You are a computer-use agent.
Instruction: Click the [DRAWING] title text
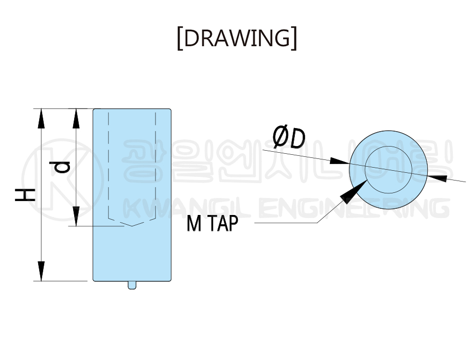point(237,38)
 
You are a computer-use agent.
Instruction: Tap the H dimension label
point(25,195)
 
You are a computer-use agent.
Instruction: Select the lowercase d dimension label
point(60,167)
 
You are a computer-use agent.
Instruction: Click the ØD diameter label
point(289,138)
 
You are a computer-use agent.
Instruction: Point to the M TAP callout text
point(213,224)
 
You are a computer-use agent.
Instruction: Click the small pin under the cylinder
point(132,285)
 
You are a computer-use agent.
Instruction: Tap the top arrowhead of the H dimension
point(41,119)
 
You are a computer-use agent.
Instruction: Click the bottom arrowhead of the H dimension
point(41,271)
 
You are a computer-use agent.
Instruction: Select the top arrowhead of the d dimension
point(76,119)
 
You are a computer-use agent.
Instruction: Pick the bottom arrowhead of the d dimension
point(76,216)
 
